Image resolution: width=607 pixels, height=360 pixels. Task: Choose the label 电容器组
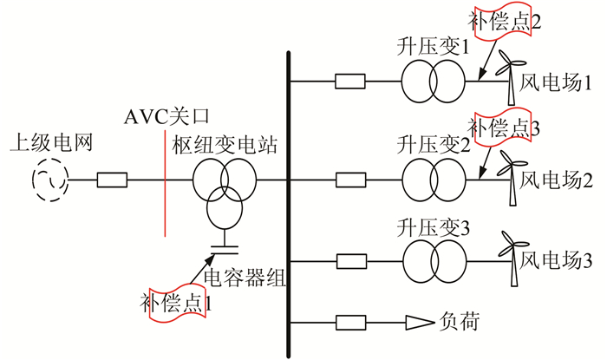coord(244,278)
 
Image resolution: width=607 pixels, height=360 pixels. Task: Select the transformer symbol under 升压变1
coord(431,83)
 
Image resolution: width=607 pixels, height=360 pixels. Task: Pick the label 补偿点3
coord(510,128)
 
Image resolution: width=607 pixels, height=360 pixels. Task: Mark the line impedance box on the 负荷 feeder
coord(351,324)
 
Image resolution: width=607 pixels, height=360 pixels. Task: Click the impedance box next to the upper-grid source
coord(112,180)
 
